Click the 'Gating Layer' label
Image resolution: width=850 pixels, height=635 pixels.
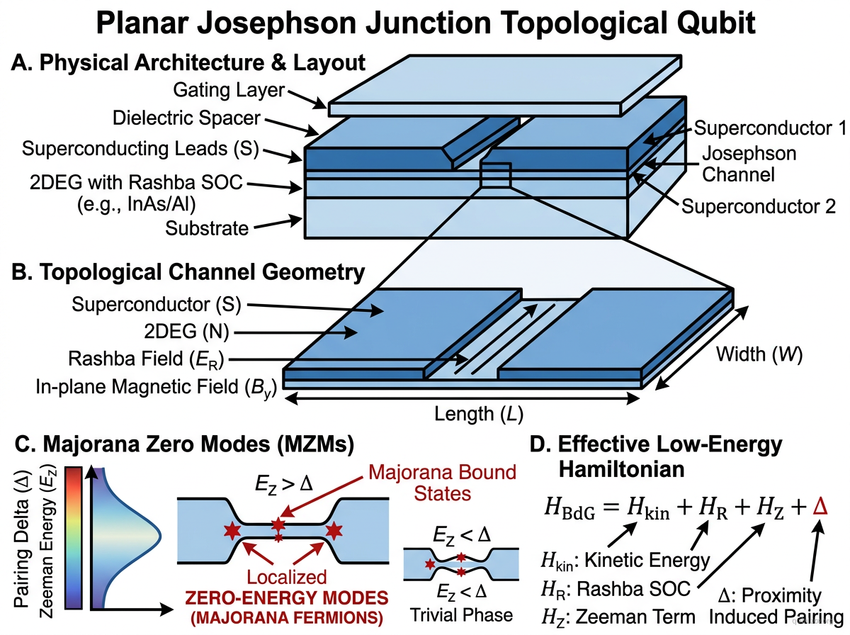point(228,90)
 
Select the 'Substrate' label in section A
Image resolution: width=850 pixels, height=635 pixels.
point(207,228)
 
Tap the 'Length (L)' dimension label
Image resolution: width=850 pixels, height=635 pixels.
point(463,413)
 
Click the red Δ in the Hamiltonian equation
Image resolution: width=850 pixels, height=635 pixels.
point(820,506)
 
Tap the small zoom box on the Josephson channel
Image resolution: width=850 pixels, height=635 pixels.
point(495,175)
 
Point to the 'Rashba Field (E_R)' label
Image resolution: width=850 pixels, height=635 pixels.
point(147,360)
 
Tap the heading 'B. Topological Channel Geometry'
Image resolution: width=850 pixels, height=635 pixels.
point(188,271)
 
